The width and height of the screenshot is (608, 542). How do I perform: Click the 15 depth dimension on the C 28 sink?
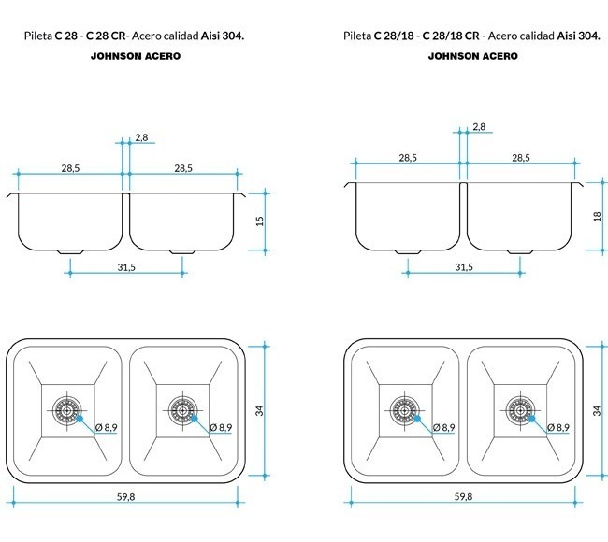coord(260,221)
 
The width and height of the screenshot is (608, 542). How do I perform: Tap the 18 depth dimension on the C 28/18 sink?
coord(597,216)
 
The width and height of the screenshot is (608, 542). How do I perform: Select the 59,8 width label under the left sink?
coord(125,497)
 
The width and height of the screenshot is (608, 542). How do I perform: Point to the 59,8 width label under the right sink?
coord(463,497)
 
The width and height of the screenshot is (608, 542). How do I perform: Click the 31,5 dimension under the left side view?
coord(126,267)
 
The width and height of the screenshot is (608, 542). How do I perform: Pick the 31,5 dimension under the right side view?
coord(464,267)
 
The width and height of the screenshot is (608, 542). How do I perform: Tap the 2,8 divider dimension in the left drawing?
coord(141,137)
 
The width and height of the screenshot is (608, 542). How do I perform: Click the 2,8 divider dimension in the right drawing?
coord(479,127)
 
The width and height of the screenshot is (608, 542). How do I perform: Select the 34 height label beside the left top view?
coord(259,410)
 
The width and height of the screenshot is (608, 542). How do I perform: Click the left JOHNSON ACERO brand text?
coord(136,56)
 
